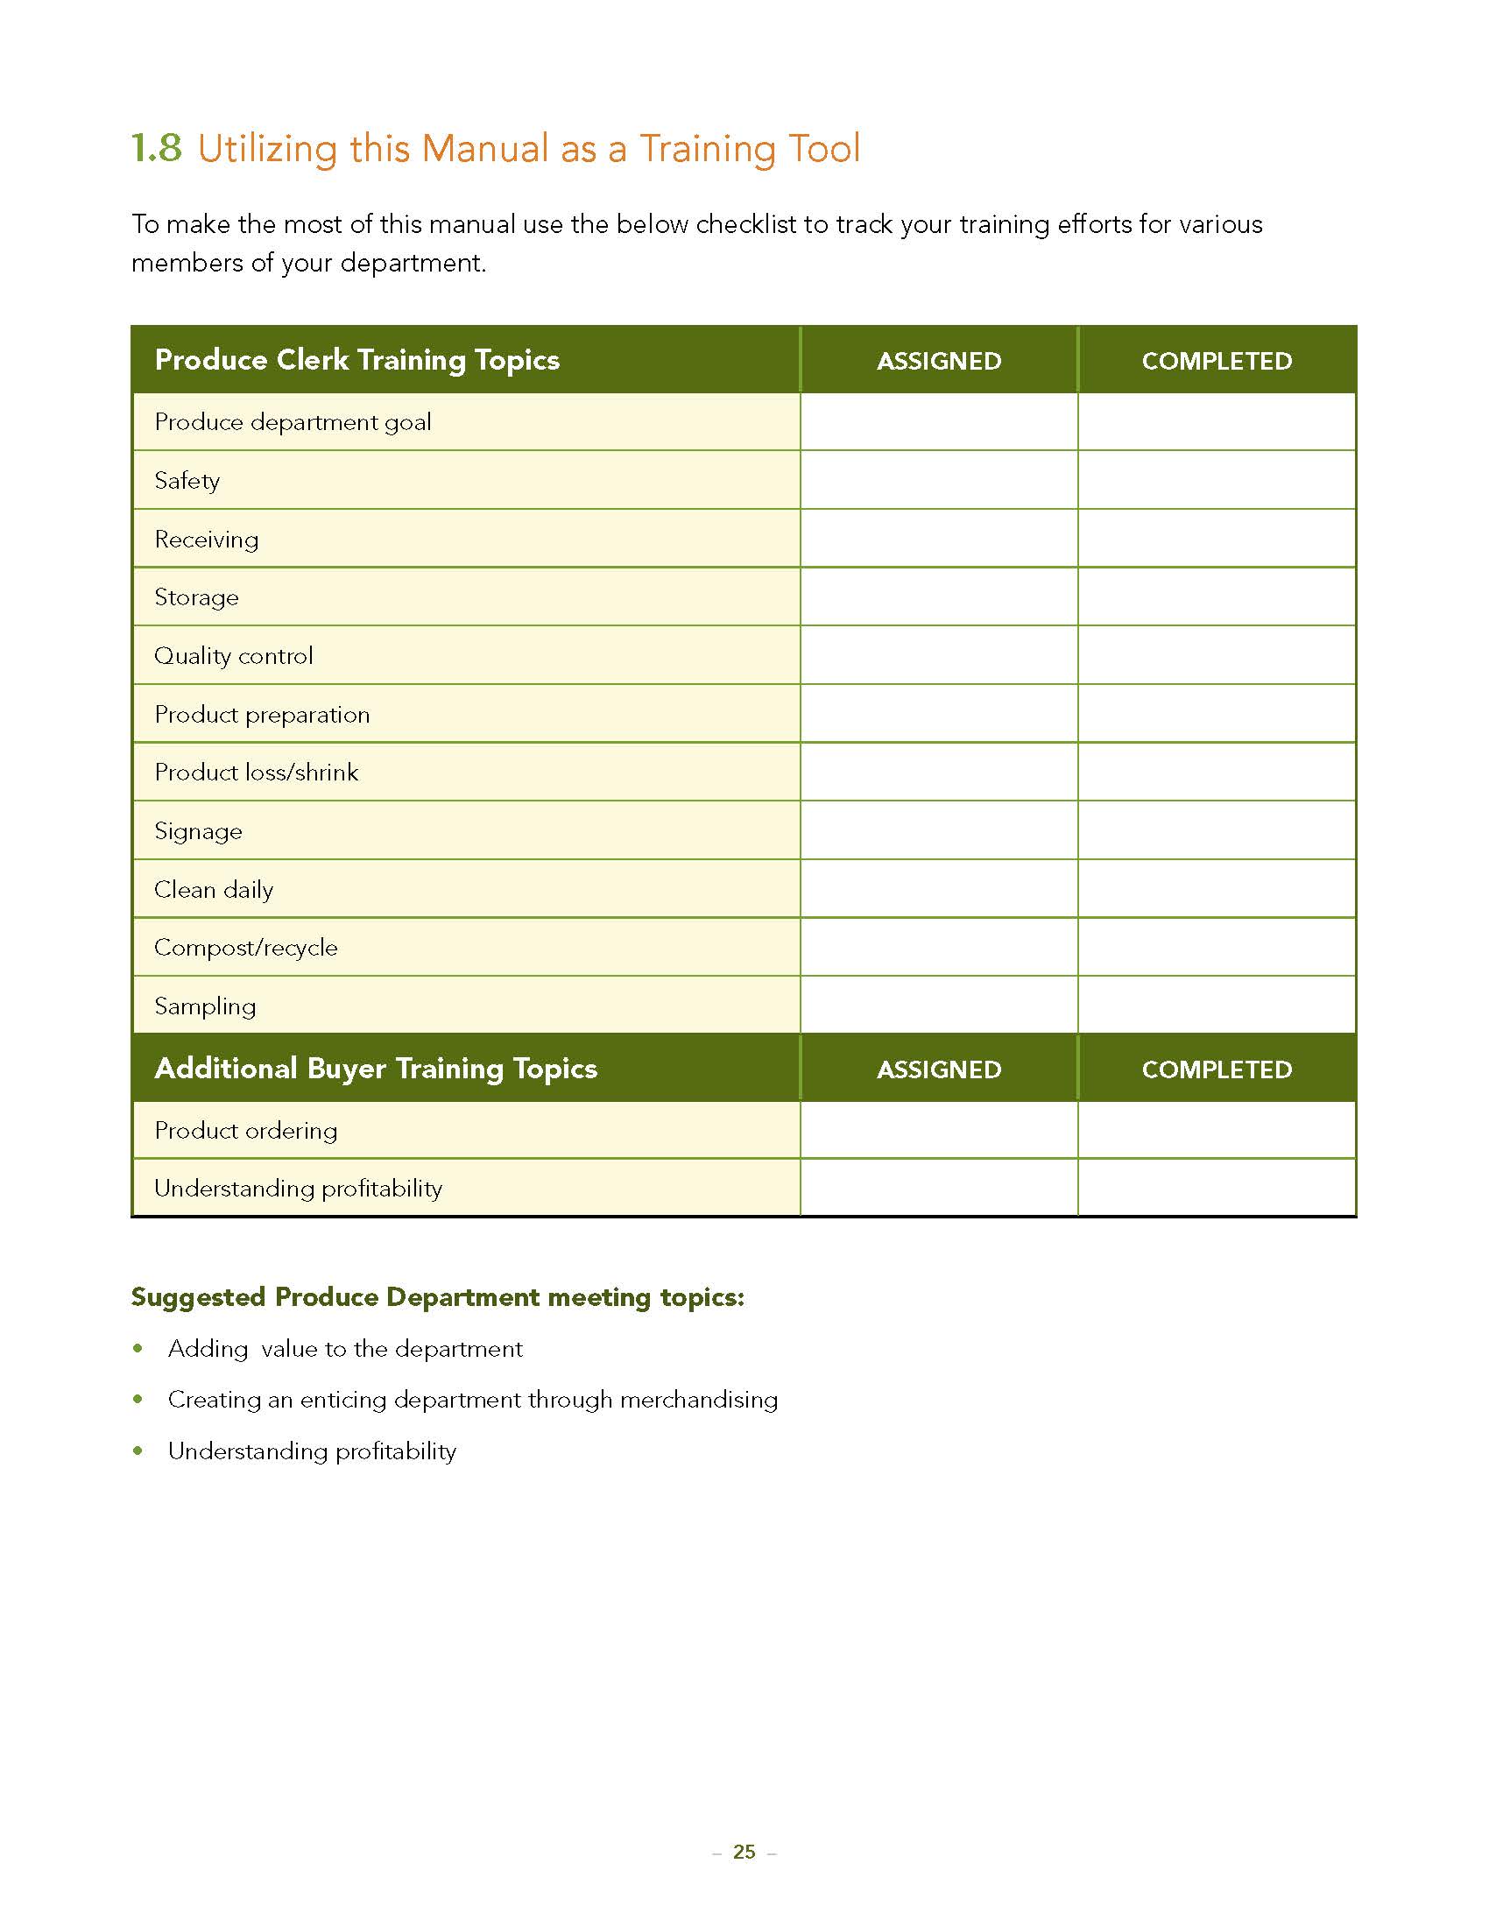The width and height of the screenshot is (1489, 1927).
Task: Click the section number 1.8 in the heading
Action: pyautogui.click(x=156, y=148)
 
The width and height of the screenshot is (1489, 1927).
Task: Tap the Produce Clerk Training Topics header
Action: pyautogui.click(x=356, y=360)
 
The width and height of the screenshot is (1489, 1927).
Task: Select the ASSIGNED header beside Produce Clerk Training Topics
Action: pyautogui.click(x=939, y=361)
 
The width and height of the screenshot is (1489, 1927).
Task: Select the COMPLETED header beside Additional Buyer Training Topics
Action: pyautogui.click(x=1217, y=1069)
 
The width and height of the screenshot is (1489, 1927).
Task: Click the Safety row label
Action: pyautogui.click(x=187, y=481)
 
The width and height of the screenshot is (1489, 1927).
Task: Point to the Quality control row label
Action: pyautogui.click(x=234, y=655)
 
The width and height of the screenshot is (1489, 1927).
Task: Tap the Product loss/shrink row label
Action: pyautogui.click(x=256, y=773)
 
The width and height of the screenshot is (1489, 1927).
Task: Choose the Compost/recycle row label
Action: pyautogui.click(x=245, y=948)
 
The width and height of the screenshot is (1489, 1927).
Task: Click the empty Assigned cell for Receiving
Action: pyautogui.click(x=939, y=538)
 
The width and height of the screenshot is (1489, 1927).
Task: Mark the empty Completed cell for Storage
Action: pyautogui.click(x=1217, y=597)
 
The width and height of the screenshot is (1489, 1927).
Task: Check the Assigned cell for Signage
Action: pyautogui.click(x=939, y=830)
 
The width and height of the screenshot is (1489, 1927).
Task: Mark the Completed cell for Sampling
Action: pyautogui.click(x=1217, y=1005)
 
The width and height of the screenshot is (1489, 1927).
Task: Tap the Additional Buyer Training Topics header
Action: pyautogui.click(x=376, y=1069)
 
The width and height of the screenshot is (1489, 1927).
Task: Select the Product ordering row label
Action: pyautogui.click(x=245, y=1130)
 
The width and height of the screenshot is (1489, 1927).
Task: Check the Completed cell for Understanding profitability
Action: pyautogui.click(x=1217, y=1188)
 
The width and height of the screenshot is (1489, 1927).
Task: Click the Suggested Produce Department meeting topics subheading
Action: pyautogui.click(x=438, y=1297)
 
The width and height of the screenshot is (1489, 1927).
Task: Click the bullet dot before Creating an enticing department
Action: pyautogui.click(x=138, y=1400)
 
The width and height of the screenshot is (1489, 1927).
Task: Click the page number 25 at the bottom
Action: pyautogui.click(x=744, y=1852)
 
